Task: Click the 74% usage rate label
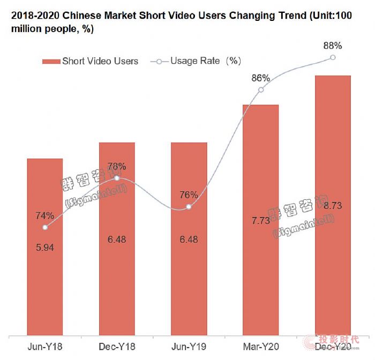coord(45,216)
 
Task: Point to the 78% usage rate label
coord(117,167)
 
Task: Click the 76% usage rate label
coord(189,195)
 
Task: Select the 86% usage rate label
coord(260,78)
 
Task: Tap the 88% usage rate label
coord(333,46)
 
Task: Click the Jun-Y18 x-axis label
coord(45,347)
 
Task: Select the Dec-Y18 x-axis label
coord(117,347)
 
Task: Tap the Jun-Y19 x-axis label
coord(189,347)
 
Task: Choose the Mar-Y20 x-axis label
coord(260,347)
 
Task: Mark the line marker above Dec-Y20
coord(333,57)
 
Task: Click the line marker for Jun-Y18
coord(45,227)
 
